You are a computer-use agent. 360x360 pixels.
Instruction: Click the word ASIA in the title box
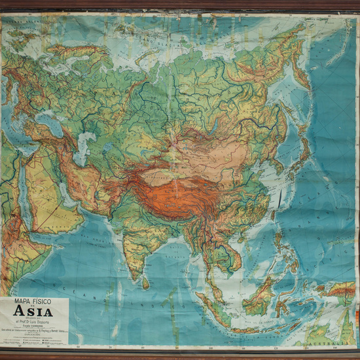[34, 312]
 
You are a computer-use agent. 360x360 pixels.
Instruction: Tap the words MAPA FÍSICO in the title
[32, 302]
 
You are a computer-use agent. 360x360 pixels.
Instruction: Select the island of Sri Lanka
[145, 283]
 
